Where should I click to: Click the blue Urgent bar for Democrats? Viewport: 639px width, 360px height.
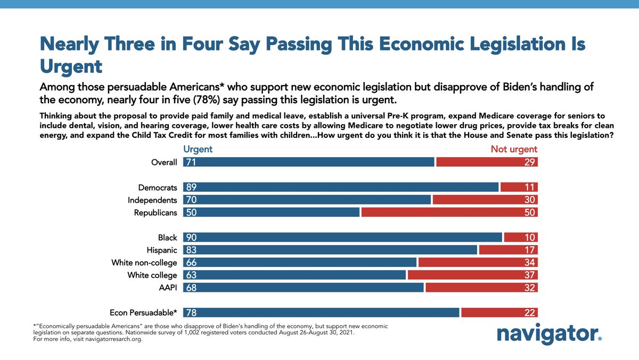(341, 187)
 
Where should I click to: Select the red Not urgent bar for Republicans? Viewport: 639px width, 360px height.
(449, 212)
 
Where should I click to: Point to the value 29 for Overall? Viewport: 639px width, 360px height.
(529, 162)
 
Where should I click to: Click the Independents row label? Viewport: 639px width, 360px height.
(152, 200)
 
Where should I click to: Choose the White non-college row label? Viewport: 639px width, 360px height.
(144, 263)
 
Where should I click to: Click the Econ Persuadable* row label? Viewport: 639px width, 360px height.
(143, 313)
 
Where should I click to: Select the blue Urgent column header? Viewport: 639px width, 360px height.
(198, 149)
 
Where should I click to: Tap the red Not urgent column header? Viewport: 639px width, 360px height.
(514, 149)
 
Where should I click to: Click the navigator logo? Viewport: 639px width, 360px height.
(549, 334)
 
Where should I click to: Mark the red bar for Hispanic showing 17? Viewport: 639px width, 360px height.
(508, 250)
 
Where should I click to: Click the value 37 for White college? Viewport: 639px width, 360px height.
(529, 275)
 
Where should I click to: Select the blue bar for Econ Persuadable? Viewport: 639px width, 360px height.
(321, 313)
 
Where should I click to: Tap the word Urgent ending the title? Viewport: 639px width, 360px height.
(71, 67)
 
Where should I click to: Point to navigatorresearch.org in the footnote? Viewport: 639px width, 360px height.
(110, 339)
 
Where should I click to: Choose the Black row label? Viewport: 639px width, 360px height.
(167, 238)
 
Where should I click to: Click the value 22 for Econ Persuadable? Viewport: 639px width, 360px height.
(529, 313)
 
